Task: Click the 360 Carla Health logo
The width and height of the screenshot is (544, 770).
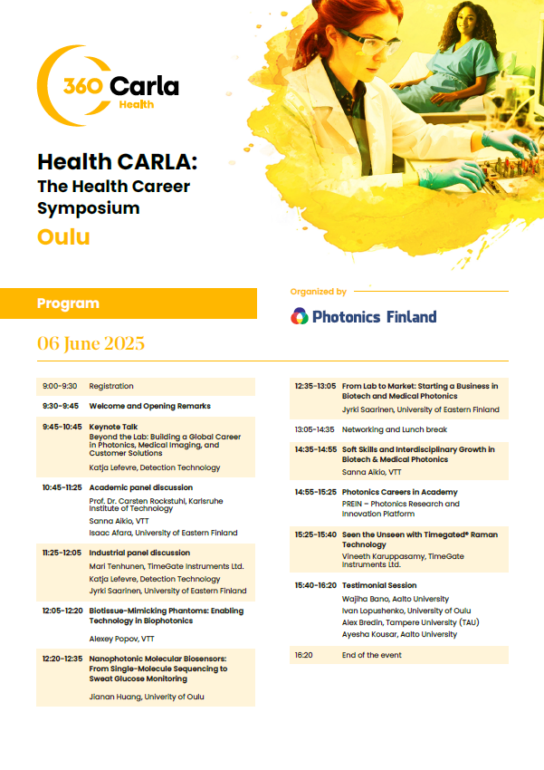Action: pyautogui.click(x=108, y=85)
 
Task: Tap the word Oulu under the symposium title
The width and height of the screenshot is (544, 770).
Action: pyautogui.click(x=63, y=236)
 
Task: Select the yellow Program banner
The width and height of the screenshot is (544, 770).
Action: pyautogui.click(x=129, y=303)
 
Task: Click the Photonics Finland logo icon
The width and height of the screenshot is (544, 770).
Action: pyautogui.click(x=300, y=316)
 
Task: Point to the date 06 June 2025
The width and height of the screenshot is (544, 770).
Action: pyautogui.click(x=91, y=343)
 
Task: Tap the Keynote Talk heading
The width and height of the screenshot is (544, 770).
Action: pyautogui.click(x=113, y=427)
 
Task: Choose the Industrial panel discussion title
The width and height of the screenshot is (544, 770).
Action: pyautogui.click(x=139, y=553)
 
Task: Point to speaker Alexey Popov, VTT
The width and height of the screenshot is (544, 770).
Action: pyautogui.click(x=121, y=639)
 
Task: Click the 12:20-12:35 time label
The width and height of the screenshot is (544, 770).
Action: pyautogui.click(x=62, y=659)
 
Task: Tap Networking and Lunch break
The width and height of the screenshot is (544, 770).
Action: pyautogui.click(x=395, y=429)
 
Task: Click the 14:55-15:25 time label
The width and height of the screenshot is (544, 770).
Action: pyautogui.click(x=315, y=492)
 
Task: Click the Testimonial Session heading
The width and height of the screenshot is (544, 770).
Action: pyautogui.click(x=379, y=585)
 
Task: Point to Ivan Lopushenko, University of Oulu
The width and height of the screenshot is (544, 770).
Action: pyautogui.click(x=406, y=611)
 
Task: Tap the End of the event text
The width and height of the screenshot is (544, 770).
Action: pyautogui.click(x=371, y=655)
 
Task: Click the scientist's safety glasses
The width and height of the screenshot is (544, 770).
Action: pyautogui.click(x=370, y=43)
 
